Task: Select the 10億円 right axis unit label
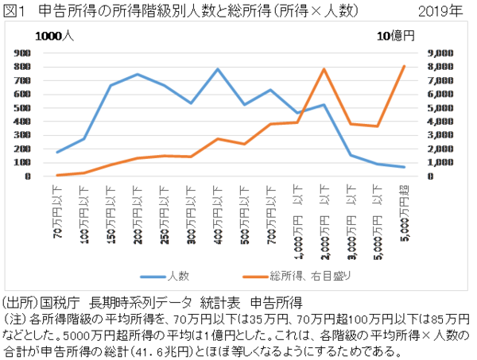tap(395, 36)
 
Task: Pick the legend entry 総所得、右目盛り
tap(304, 276)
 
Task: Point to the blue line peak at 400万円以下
tap(217, 69)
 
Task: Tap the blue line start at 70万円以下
tap(58, 152)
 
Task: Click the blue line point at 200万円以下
tap(138, 75)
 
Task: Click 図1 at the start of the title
tap(15, 12)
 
